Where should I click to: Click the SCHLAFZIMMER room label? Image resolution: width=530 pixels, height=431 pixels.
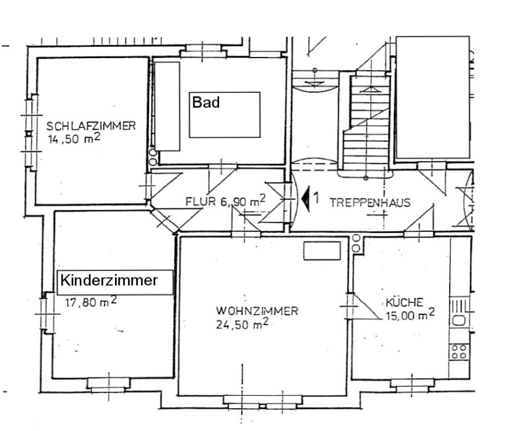(91, 126)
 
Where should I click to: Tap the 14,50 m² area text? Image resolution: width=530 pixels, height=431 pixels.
(74, 138)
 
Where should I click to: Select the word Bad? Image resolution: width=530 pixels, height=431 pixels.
(206, 102)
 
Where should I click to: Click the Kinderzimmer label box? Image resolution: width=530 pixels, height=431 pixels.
(115, 282)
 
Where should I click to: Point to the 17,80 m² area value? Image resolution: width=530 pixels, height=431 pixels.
(91, 301)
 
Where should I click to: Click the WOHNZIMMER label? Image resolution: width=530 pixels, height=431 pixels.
(257, 311)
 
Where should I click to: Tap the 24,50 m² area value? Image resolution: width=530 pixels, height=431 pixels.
(243, 324)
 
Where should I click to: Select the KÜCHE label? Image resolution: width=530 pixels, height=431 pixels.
(404, 302)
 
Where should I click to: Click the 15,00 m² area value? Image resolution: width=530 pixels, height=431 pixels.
(410, 315)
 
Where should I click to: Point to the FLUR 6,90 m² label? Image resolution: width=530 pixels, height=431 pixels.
(225, 201)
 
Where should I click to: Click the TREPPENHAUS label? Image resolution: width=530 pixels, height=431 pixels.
(370, 203)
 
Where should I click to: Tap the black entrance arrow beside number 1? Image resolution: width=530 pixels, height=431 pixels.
(306, 199)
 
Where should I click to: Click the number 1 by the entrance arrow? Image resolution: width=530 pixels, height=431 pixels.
(316, 198)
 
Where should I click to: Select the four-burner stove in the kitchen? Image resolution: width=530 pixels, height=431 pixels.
(459, 351)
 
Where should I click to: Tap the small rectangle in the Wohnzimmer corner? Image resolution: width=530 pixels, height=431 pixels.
(322, 251)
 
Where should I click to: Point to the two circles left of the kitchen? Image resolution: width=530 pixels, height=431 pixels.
(356, 243)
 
